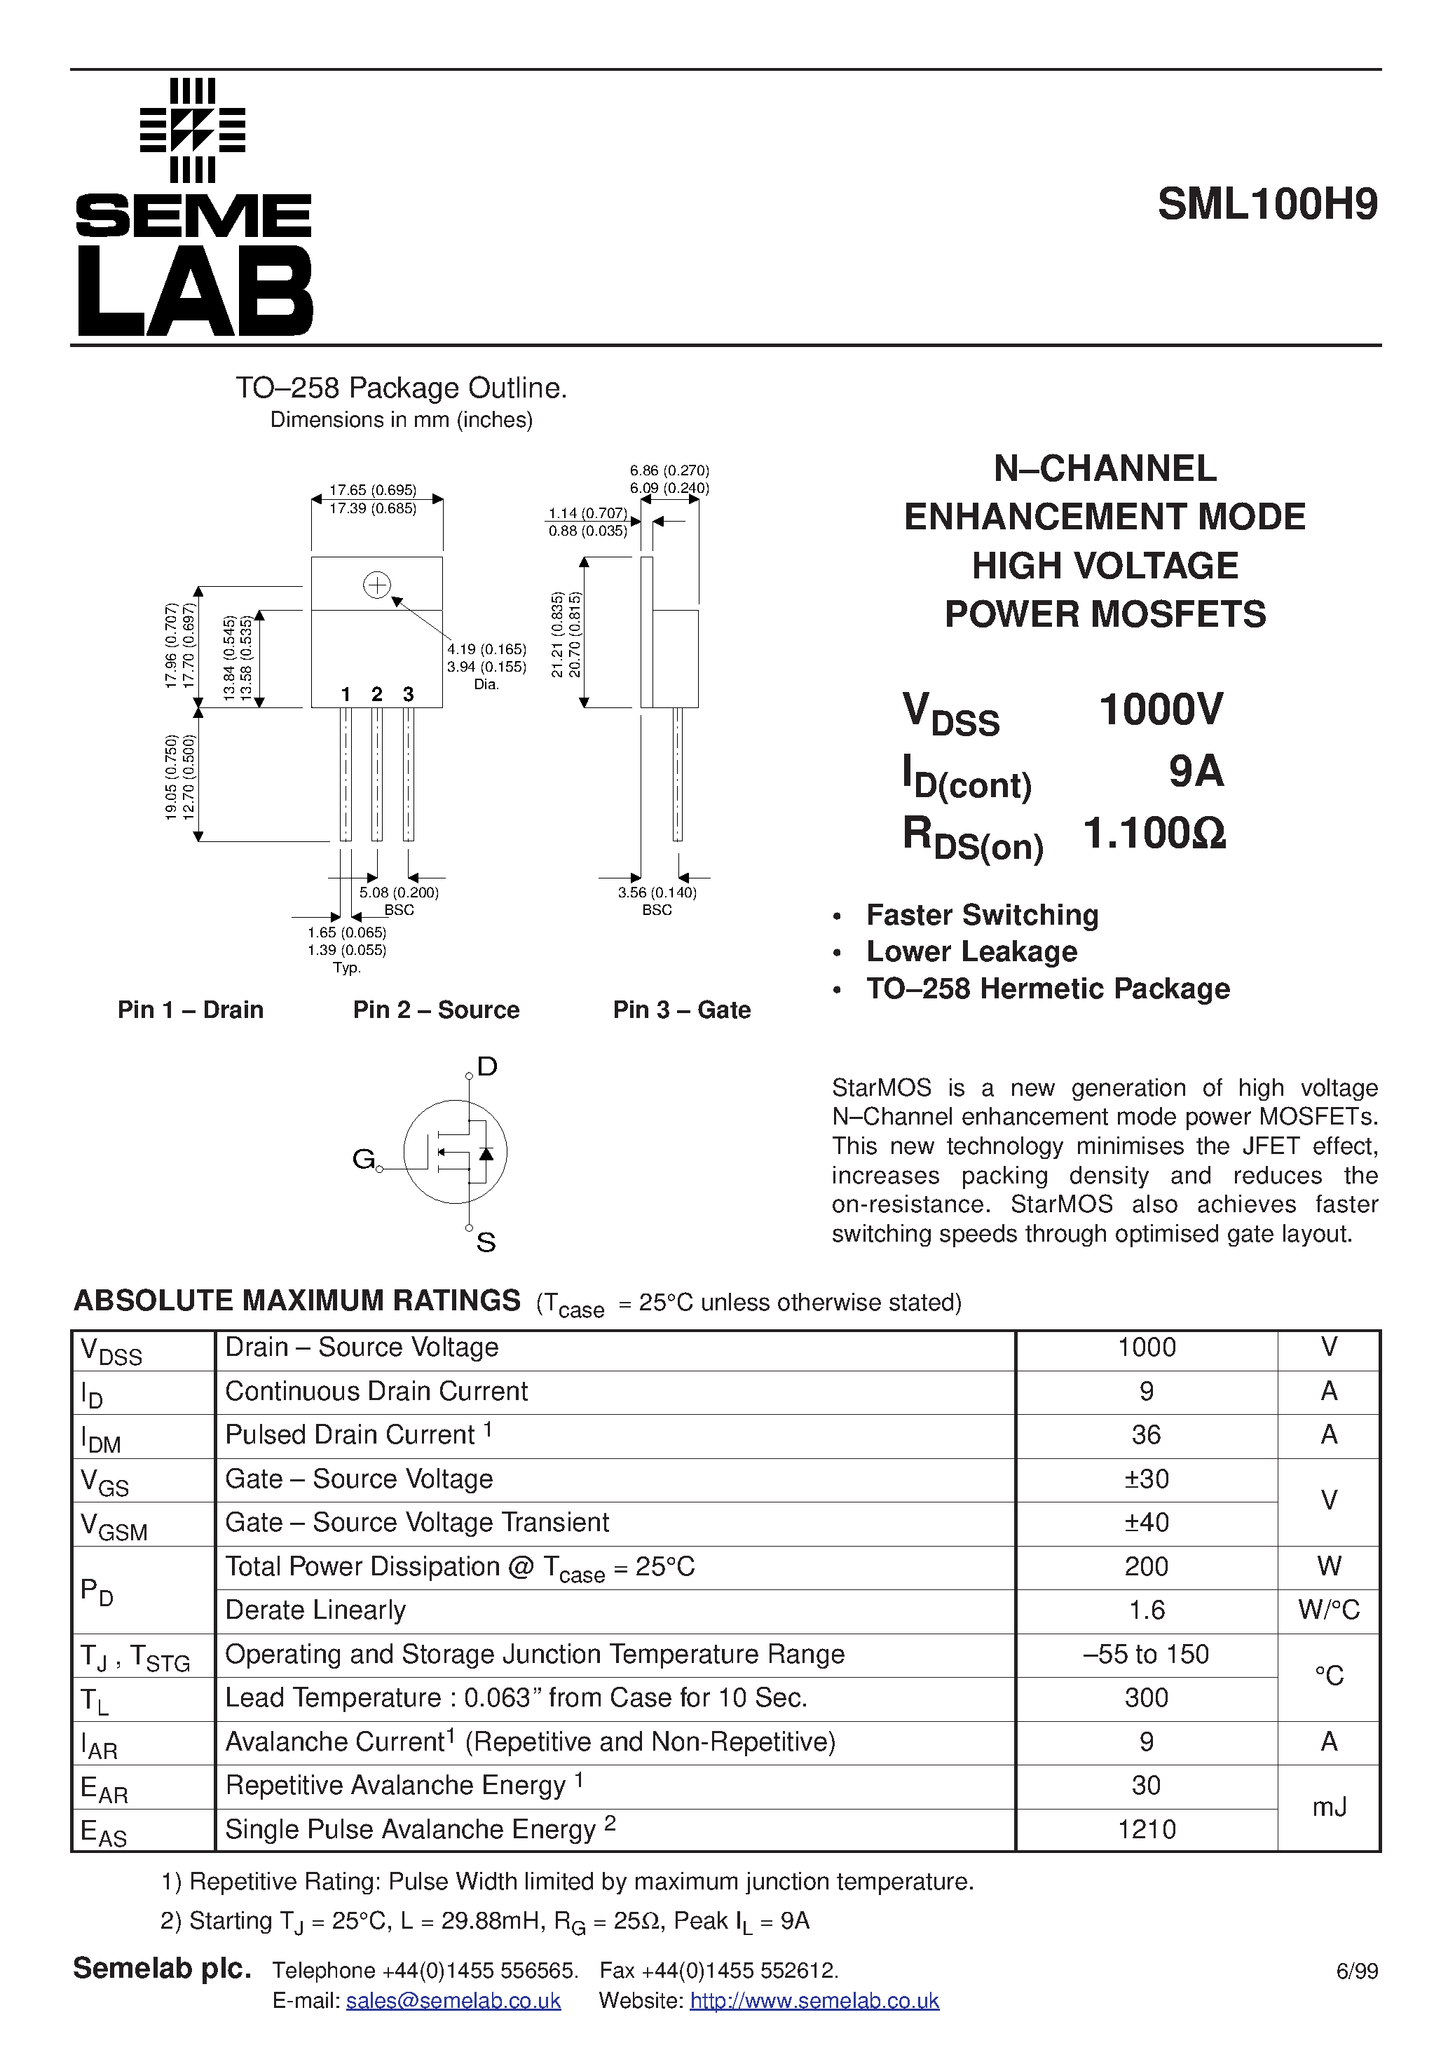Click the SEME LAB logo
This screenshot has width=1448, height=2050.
(193, 207)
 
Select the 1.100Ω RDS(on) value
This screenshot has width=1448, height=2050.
(1154, 834)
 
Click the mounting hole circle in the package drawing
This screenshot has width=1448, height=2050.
(377, 585)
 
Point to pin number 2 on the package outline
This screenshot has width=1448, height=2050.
(377, 695)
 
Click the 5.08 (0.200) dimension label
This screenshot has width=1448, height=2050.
(398, 892)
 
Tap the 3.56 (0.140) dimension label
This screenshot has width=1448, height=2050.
(657, 892)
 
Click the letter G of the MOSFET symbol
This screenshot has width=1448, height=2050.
(363, 1159)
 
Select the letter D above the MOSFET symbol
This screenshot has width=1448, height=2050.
(486, 1066)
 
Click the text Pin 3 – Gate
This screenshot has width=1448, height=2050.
(681, 1010)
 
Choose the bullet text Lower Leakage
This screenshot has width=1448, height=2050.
(971, 952)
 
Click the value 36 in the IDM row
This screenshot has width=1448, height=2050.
(1145, 1435)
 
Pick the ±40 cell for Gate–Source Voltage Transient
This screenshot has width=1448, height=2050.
(1145, 1522)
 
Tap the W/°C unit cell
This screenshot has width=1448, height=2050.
(1328, 1610)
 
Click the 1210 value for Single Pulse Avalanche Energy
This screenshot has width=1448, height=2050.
(1146, 1829)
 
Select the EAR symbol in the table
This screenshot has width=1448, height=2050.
(104, 1788)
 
